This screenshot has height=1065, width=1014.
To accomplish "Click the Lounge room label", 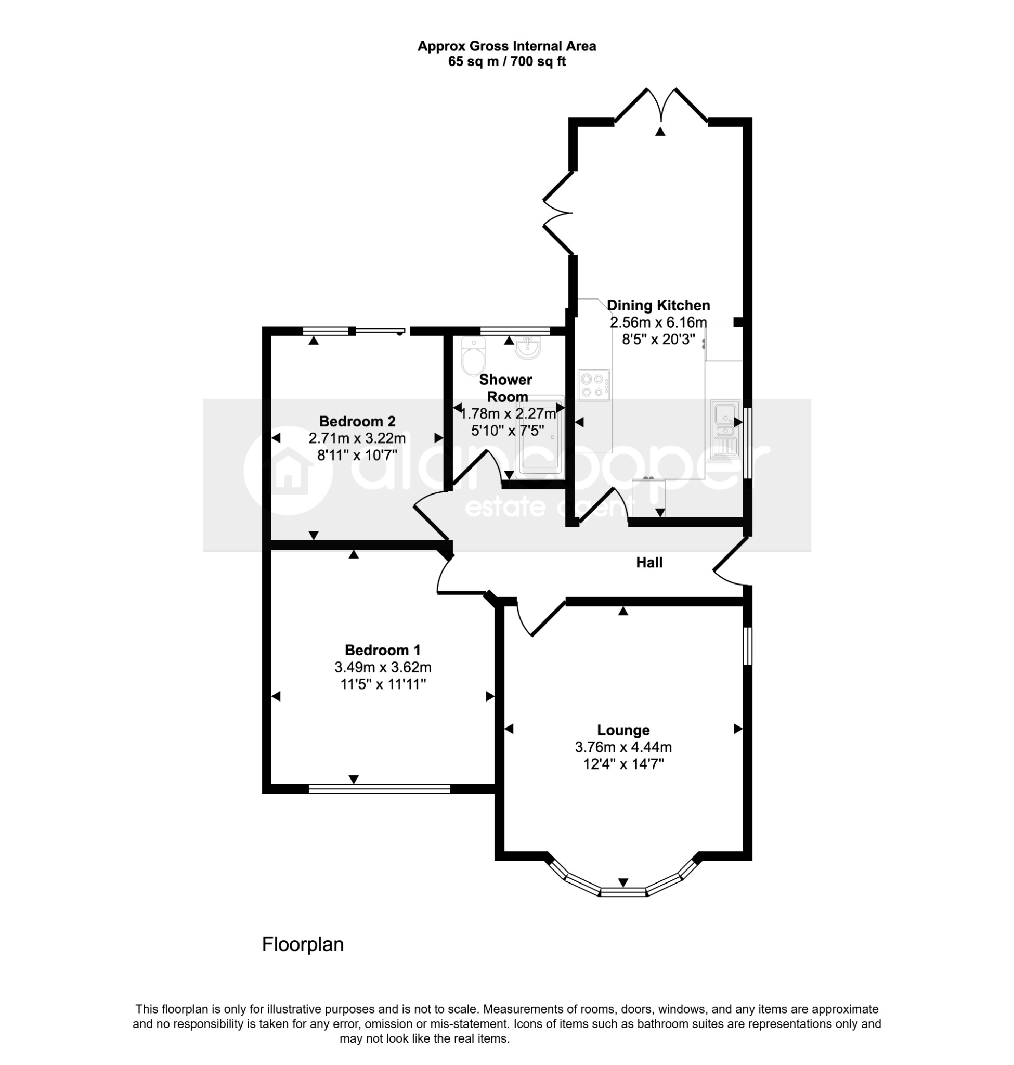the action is [x=622, y=730].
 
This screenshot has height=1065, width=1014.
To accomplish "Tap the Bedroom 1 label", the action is [x=383, y=650].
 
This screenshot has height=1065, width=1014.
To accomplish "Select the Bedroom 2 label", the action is [x=357, y=421].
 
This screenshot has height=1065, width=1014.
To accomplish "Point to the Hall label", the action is [x=649, y=563].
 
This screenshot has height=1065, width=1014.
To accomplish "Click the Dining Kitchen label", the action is [x=658, y=305].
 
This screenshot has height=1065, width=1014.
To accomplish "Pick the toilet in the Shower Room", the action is [x=474, y=356].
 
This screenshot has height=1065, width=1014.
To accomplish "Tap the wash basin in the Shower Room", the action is [x=527, y=347].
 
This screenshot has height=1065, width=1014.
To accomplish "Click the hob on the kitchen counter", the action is [x=594, y=385].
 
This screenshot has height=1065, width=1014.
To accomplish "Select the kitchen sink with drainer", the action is [x=725, y=428].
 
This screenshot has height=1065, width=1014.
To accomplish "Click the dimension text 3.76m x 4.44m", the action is [x=623, y=747].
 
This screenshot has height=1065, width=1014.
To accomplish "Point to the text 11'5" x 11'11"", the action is [x=383, y=684].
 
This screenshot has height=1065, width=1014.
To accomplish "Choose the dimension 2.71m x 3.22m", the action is [x=357, y=438].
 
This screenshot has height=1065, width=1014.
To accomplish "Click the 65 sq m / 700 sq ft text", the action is [x=507, y=62].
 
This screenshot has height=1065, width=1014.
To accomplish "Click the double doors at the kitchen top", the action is [x=661, y=105].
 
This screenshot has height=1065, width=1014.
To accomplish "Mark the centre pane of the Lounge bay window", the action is [x=623, y=892].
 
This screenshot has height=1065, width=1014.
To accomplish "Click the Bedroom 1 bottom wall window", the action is [x=380, y=789].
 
